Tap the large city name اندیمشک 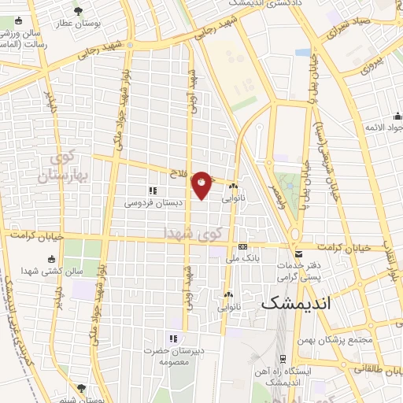(x=295, y=301)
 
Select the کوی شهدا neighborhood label (x=188, y=233)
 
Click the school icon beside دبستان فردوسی (x=152, y=190)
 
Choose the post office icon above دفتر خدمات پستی (x=298, y=253)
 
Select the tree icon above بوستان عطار (x=78, y=10)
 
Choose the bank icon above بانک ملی (x=243, y=246)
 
